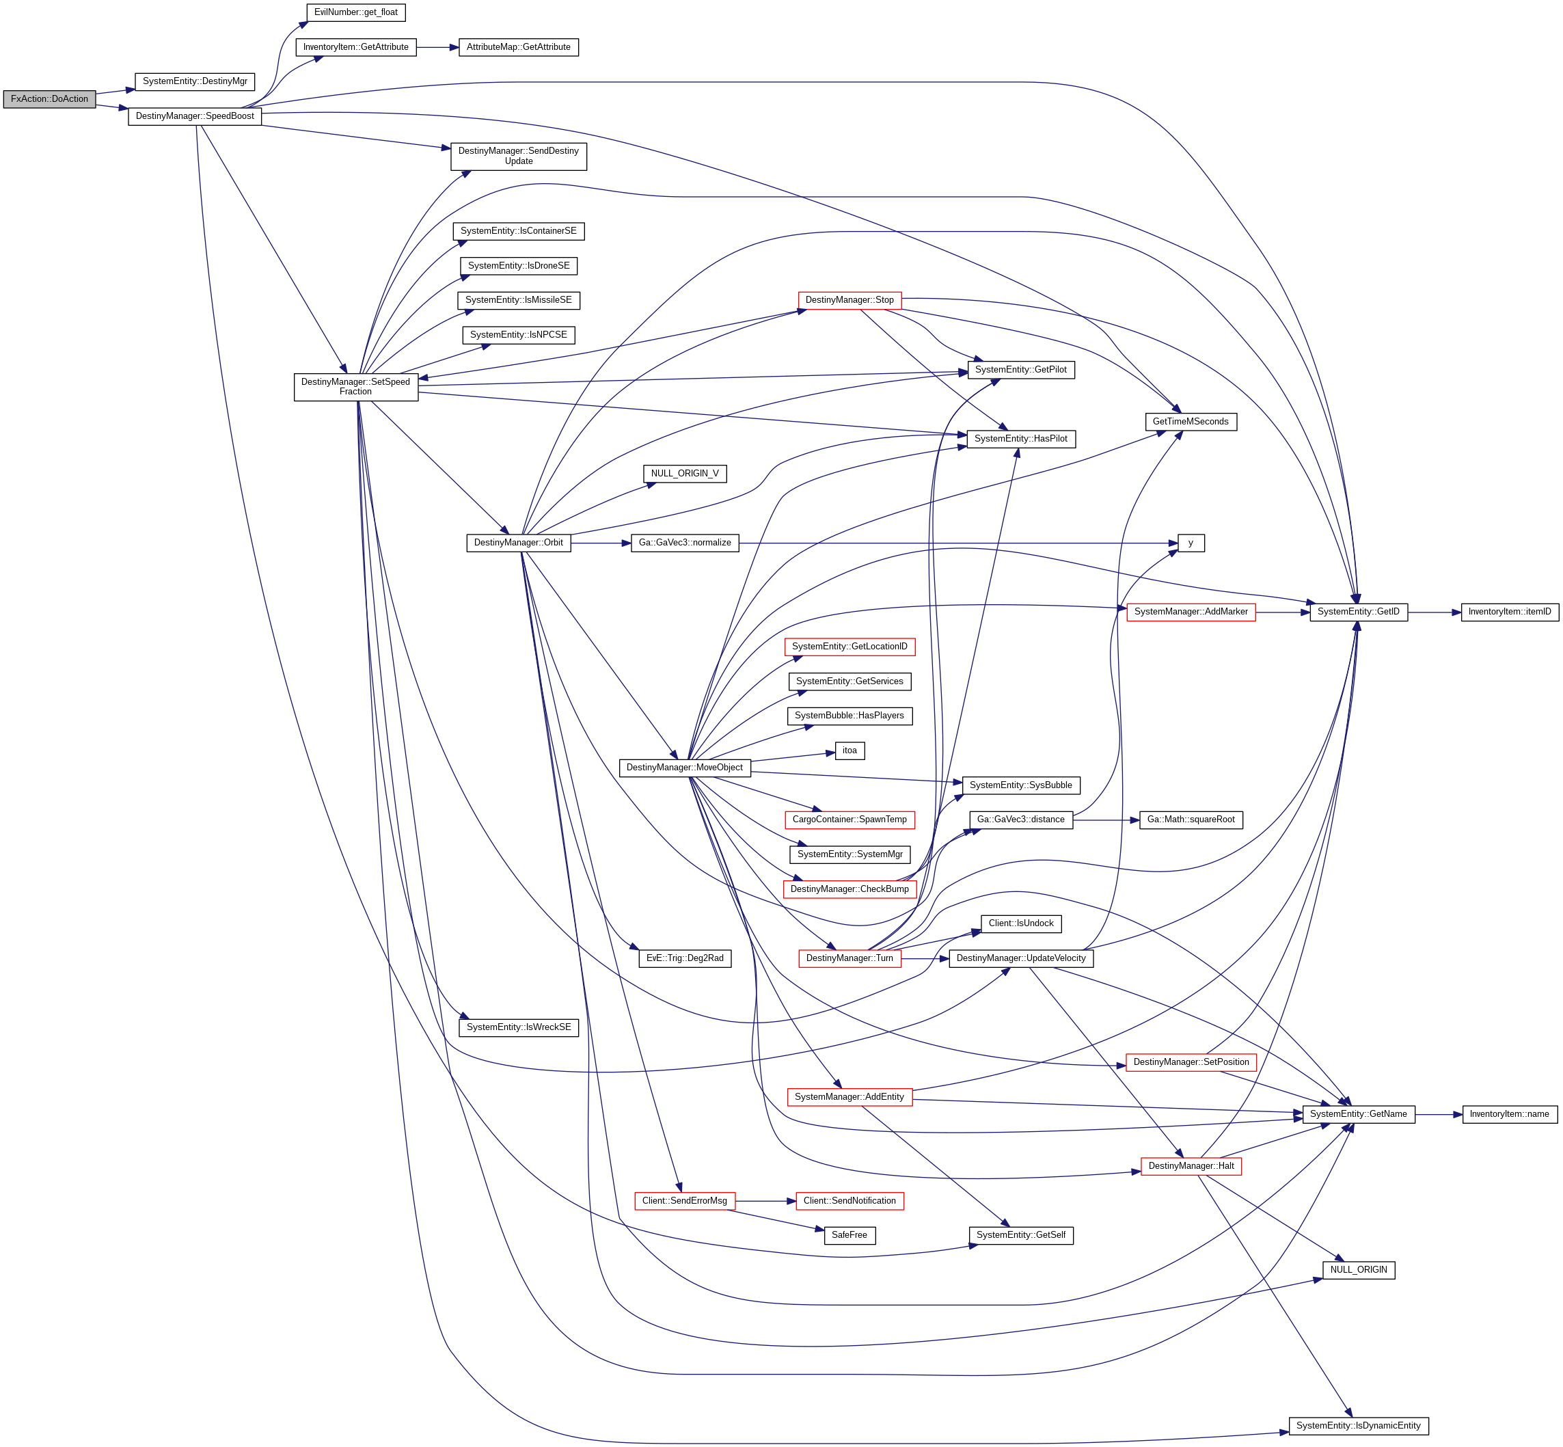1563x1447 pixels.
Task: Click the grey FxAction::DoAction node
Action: [49, 99]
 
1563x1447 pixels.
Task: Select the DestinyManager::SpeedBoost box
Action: [195, 117]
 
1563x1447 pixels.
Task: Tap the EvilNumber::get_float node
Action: [355, 12]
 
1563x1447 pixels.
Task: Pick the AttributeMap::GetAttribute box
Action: [519, 48]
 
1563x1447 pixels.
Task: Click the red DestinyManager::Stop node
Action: [850, 300]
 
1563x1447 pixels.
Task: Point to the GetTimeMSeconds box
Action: [1191, 422]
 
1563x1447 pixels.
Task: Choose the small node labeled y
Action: [1191, 543]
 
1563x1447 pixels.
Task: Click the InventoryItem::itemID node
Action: [1509, 612]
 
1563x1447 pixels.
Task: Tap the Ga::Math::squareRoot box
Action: [1191, 820]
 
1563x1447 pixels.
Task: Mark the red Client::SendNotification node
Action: [850, 1201]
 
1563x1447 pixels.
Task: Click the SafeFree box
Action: [850, 1236]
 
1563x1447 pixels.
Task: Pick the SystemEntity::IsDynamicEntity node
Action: [1358, 1426]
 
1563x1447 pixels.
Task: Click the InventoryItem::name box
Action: [1509, 1114]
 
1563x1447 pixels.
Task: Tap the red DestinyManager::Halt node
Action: [1191, 1167]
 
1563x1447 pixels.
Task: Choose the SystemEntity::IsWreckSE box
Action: [519, 1027]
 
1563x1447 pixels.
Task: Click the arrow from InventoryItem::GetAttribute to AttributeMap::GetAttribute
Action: [437, 48]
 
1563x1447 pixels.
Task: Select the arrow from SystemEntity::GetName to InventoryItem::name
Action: [1439, 1114]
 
